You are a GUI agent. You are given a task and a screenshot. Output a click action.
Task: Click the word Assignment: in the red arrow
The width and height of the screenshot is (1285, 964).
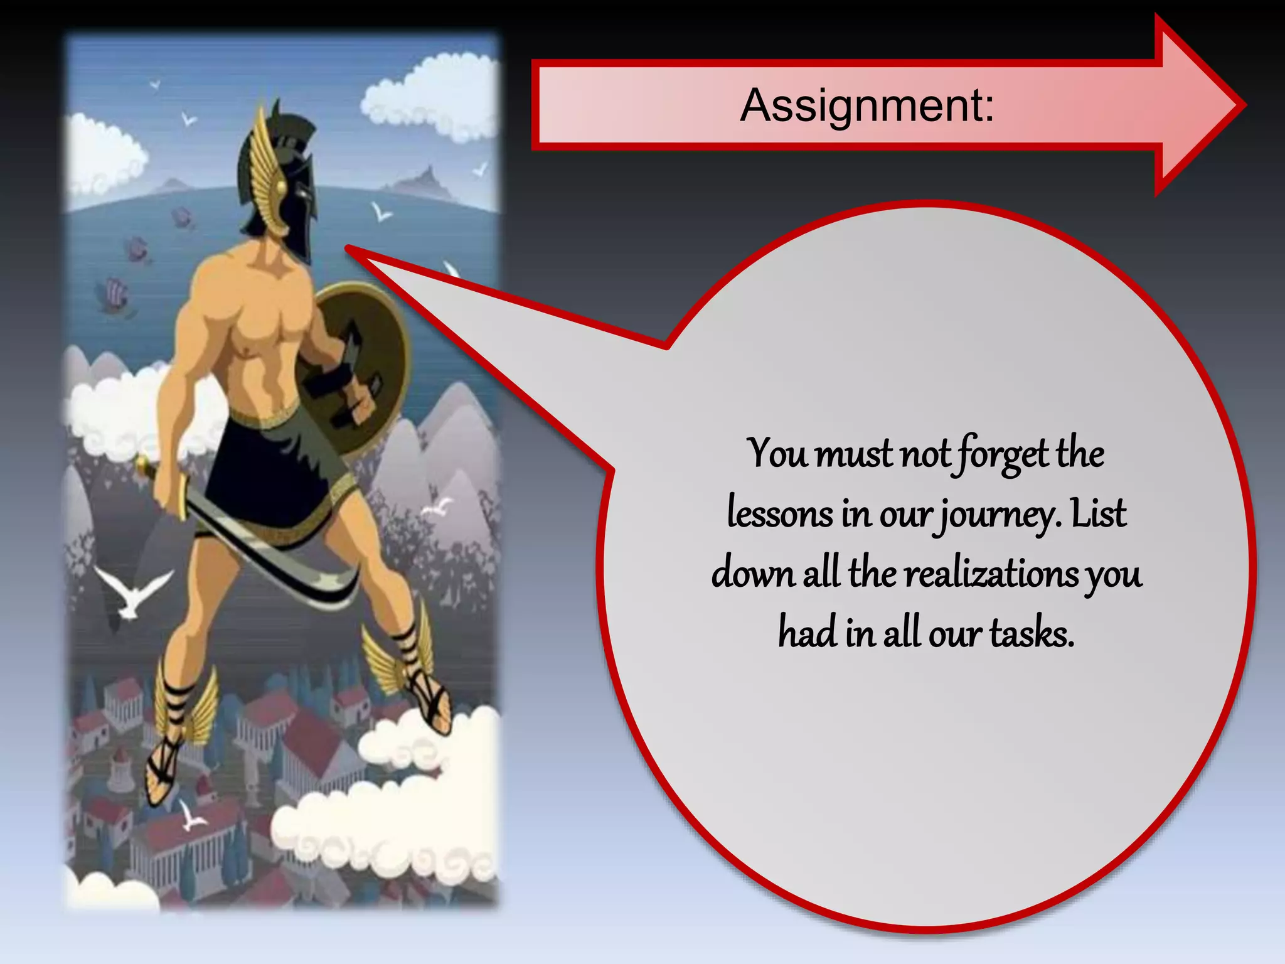867,105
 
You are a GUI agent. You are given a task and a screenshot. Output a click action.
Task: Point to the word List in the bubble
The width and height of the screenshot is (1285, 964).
1099,513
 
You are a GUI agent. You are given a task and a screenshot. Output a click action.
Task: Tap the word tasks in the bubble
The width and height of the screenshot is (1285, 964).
1032,633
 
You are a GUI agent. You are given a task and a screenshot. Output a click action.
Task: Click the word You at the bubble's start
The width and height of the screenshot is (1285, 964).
777,453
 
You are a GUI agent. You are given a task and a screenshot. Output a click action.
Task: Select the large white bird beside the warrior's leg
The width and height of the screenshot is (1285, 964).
132,593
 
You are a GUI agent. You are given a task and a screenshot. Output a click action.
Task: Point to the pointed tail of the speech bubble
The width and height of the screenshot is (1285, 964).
351,250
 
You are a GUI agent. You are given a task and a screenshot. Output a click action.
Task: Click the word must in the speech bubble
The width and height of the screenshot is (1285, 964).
853,453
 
